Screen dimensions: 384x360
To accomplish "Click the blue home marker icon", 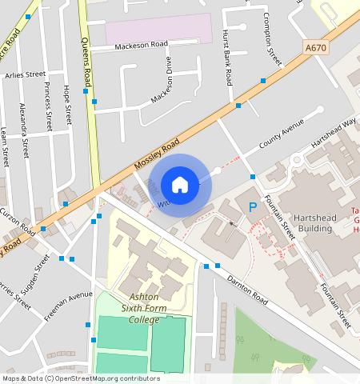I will point(180,185).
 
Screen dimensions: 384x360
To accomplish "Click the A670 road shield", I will point(316,49).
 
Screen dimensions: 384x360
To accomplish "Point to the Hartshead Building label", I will point(304,222).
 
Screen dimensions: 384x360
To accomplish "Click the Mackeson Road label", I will point(141,46).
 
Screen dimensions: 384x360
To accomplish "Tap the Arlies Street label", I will point(25,74).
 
